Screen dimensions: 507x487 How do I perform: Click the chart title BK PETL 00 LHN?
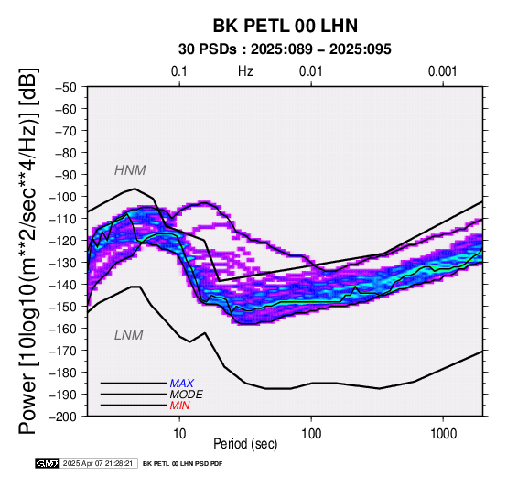coord(286,26)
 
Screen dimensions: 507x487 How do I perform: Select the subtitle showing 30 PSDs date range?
coord(285,49)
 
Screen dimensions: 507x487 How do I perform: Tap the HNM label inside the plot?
coord(130,170)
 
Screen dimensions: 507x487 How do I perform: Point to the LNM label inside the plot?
coord(129,335)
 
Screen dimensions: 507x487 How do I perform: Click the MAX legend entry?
coord(182,384)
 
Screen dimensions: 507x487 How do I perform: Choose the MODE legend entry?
coord(187,395)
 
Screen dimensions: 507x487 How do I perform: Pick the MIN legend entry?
coord(179,406)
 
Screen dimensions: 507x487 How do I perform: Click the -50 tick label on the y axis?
coord(66,87)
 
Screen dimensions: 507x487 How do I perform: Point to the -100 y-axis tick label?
coord(63,197)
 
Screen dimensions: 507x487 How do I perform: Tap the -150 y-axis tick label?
coord(63,307)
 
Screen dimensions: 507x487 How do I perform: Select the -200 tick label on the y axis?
coord(63,417)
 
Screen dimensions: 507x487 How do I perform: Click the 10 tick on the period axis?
coord(179,434)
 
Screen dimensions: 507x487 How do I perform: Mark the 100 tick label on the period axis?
coord(311,434)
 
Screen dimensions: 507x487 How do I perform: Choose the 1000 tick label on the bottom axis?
coord(443,434)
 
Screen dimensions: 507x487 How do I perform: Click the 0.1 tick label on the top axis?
coord(179,71)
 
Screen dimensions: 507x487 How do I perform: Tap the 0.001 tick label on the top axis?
coord(443,71)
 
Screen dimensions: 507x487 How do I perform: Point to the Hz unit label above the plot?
coord(245,71)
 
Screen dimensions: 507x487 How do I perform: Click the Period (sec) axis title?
coord(245,444)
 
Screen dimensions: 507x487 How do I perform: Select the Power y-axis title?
coord(27,251)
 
